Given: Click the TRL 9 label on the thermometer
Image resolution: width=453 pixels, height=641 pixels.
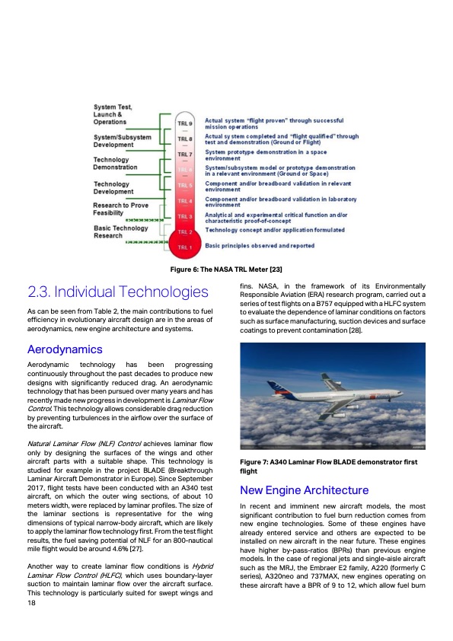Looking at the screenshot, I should coord(185,123).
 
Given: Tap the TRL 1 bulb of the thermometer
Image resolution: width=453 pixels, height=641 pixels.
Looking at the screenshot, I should coord(185,247).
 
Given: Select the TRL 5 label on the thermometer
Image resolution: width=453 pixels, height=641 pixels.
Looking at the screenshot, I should coord(185,185).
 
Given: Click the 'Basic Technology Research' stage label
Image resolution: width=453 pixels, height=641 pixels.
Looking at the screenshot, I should coord(120,231).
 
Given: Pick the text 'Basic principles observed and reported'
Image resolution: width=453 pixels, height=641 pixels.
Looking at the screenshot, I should coord(259,246).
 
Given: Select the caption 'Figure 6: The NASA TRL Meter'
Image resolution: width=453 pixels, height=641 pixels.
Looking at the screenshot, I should coord(226,269).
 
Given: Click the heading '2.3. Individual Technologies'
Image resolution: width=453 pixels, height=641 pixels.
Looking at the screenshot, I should coord(117,292).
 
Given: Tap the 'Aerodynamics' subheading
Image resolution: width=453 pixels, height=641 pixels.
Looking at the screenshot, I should coord(65,349).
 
